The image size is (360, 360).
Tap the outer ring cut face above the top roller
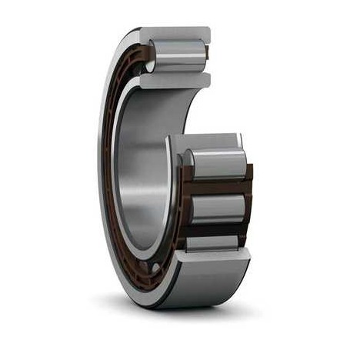175,35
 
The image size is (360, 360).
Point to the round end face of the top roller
151,58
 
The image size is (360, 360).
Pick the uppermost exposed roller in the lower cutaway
217,164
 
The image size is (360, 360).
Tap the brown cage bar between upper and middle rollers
218,187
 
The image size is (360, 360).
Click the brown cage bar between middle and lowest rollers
218,229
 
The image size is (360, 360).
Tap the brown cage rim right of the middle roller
248,206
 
